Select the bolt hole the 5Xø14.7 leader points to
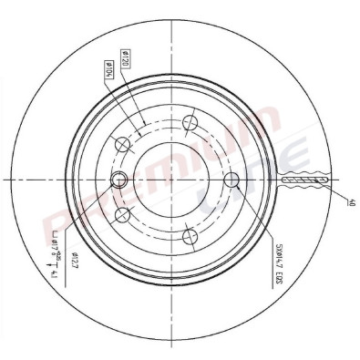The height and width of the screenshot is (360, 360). click(x=231, y=179)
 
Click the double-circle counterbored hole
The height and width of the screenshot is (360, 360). click(x=118, y=180)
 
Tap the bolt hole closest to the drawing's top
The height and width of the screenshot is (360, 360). click(x=190, y=122)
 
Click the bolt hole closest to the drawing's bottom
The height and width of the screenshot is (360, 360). click(x=190, y=237)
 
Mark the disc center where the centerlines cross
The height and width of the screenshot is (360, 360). click(x=174, y=180)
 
